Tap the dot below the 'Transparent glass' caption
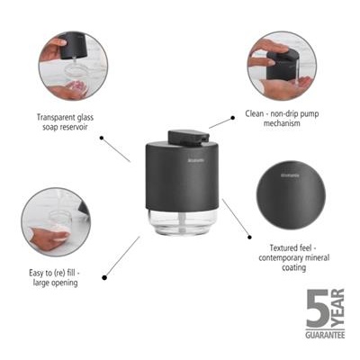(x=102, y=139)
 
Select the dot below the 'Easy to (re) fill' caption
(x=105, y=276)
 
